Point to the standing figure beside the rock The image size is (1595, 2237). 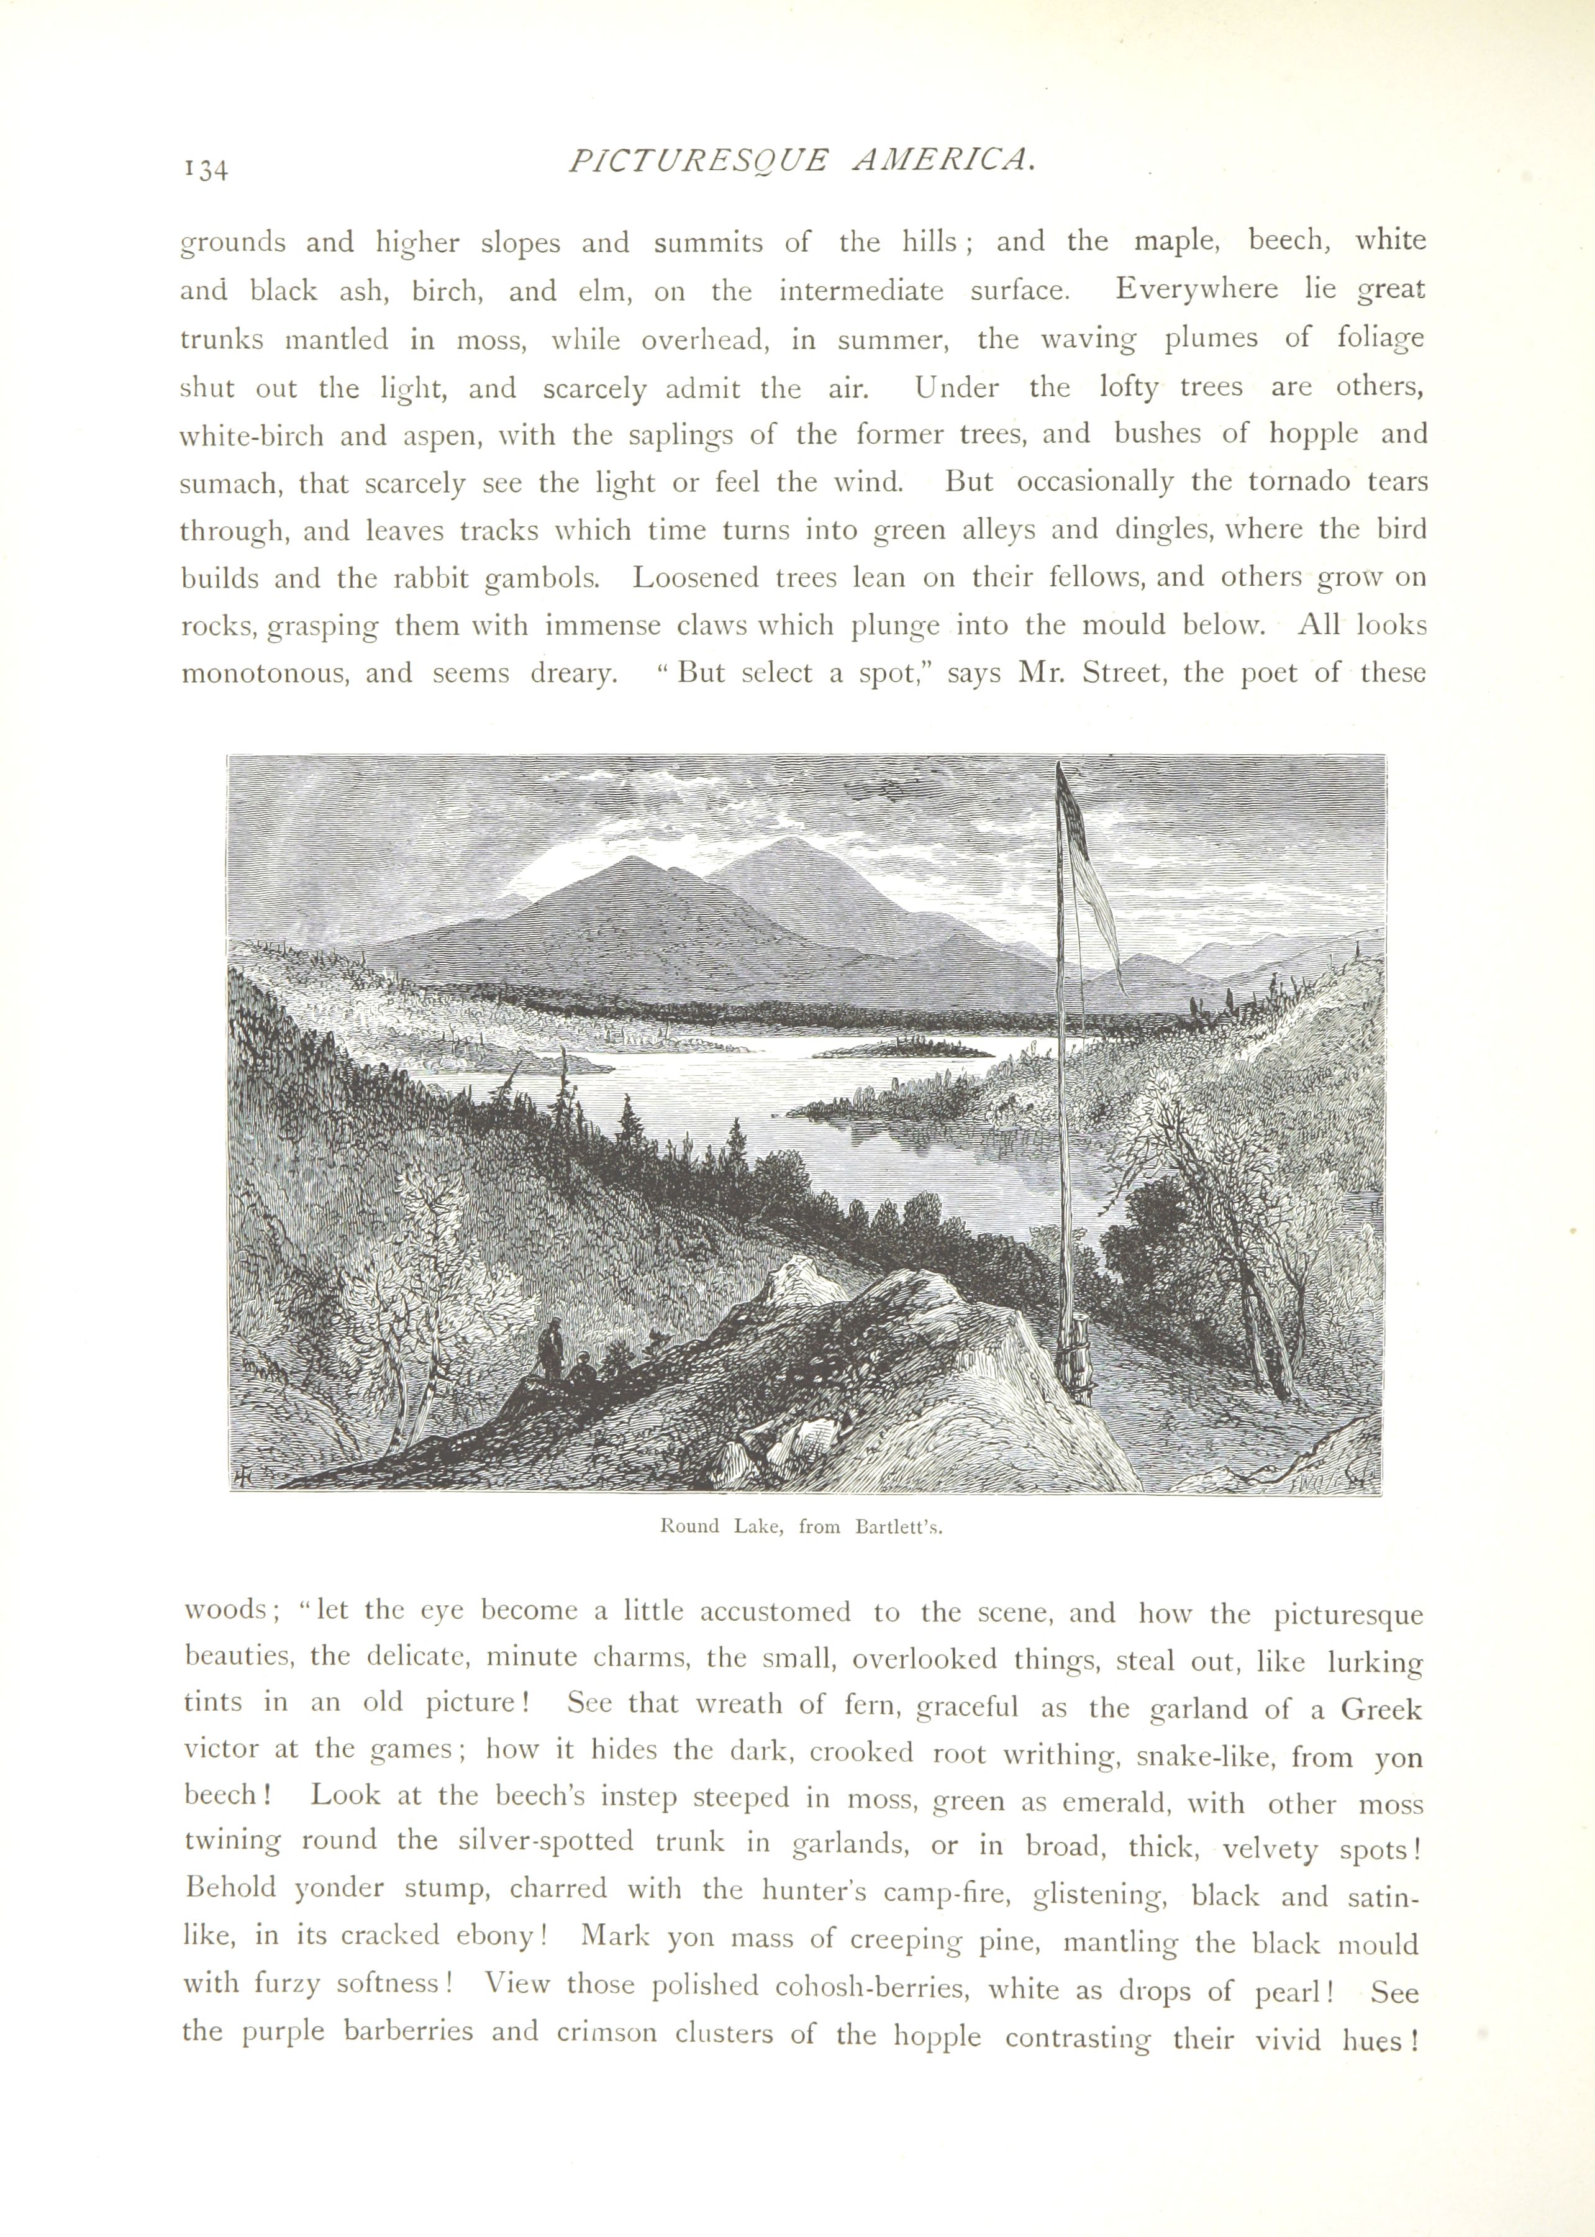point(554,1347)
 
